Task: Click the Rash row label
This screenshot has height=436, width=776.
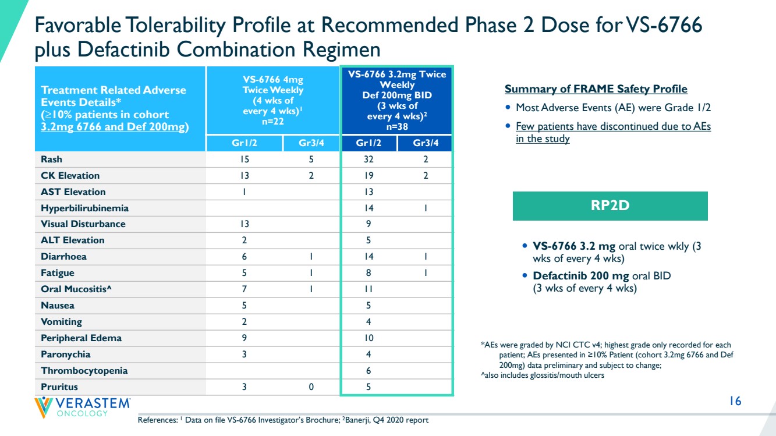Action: click(x=52, y=159)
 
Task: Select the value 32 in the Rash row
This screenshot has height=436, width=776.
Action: click(x=368, y=159)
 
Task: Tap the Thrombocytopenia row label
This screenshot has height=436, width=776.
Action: click(x=84, y=371)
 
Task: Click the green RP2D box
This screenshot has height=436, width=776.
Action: click(x=610, y=205)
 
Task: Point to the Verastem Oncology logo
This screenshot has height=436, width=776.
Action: click(x=83, y=407)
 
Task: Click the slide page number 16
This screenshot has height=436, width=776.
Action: click(x=735, y=402)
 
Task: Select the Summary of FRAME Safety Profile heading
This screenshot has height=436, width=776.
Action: click(x=596, y=89)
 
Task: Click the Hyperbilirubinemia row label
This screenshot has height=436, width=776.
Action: click(x=84, y=208)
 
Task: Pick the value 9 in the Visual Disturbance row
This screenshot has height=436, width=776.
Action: click(x=368, y=224)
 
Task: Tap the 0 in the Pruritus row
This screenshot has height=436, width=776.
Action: click(x=311, y=387)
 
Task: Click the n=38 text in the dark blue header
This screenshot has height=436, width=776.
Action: click(x=397, y=127)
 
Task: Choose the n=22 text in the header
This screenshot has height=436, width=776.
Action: click(x=272, y=122)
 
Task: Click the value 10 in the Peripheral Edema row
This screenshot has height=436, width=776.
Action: click(x=368, y=338)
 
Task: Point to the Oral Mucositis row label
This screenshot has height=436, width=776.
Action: click(x=76, y=289)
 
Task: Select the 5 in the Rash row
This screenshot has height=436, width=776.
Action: click(x=311, y=159)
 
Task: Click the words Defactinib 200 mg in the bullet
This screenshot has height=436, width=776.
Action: click(x=580, y=276)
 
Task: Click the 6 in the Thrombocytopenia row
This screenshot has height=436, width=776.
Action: click(x=368, y=371)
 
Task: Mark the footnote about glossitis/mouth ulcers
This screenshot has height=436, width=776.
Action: click(x=543, y=375)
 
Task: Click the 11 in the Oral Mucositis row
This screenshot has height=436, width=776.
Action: click(x=368, y=289)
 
